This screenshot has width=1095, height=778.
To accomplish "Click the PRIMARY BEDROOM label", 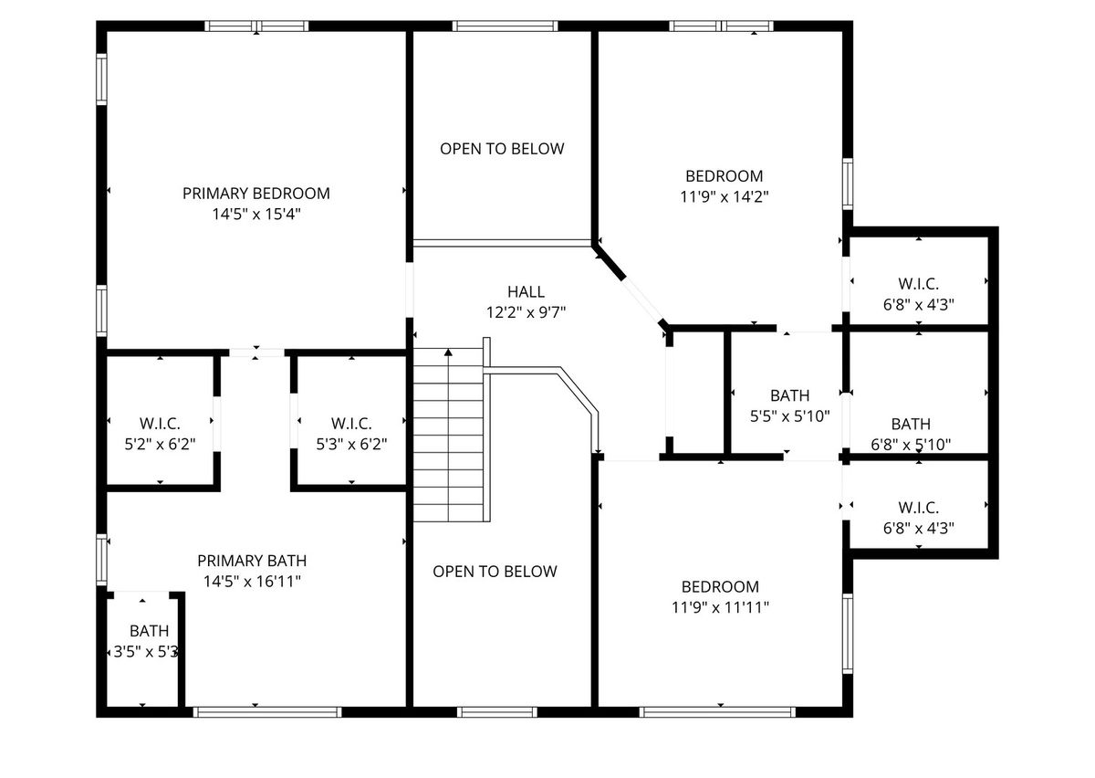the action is [256, 194].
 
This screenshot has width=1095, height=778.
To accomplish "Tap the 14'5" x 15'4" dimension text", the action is [256, 214].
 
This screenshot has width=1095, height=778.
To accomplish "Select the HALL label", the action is [526, 291].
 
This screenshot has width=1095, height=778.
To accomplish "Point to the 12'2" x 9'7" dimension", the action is [526, 312].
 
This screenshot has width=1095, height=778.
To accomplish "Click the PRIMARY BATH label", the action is [252, 561].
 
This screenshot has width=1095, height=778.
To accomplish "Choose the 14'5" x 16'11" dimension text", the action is [252, 582].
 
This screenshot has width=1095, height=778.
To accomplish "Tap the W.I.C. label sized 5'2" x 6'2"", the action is [160, 424].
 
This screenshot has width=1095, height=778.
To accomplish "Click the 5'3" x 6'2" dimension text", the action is [351, 444].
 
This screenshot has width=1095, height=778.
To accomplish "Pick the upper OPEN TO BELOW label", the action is [502, 149].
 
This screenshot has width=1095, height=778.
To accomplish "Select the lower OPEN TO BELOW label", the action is [495, 572].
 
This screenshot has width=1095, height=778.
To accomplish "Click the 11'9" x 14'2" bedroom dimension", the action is [725, 196].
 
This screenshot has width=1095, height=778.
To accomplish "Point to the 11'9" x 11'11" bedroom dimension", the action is [721, 607].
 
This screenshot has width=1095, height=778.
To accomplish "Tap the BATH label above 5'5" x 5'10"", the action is [790, 395].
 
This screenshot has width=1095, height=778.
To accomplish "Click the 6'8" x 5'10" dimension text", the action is [911, 445].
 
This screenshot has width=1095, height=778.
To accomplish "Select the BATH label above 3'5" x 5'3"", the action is [150, 631].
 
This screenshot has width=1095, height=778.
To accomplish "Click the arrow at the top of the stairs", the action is [448, 352].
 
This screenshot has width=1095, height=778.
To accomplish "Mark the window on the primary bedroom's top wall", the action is [256, 26].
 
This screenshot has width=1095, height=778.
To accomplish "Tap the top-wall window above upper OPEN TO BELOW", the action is [505, 26].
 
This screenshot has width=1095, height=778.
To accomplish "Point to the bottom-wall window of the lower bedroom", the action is [717, 712].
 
